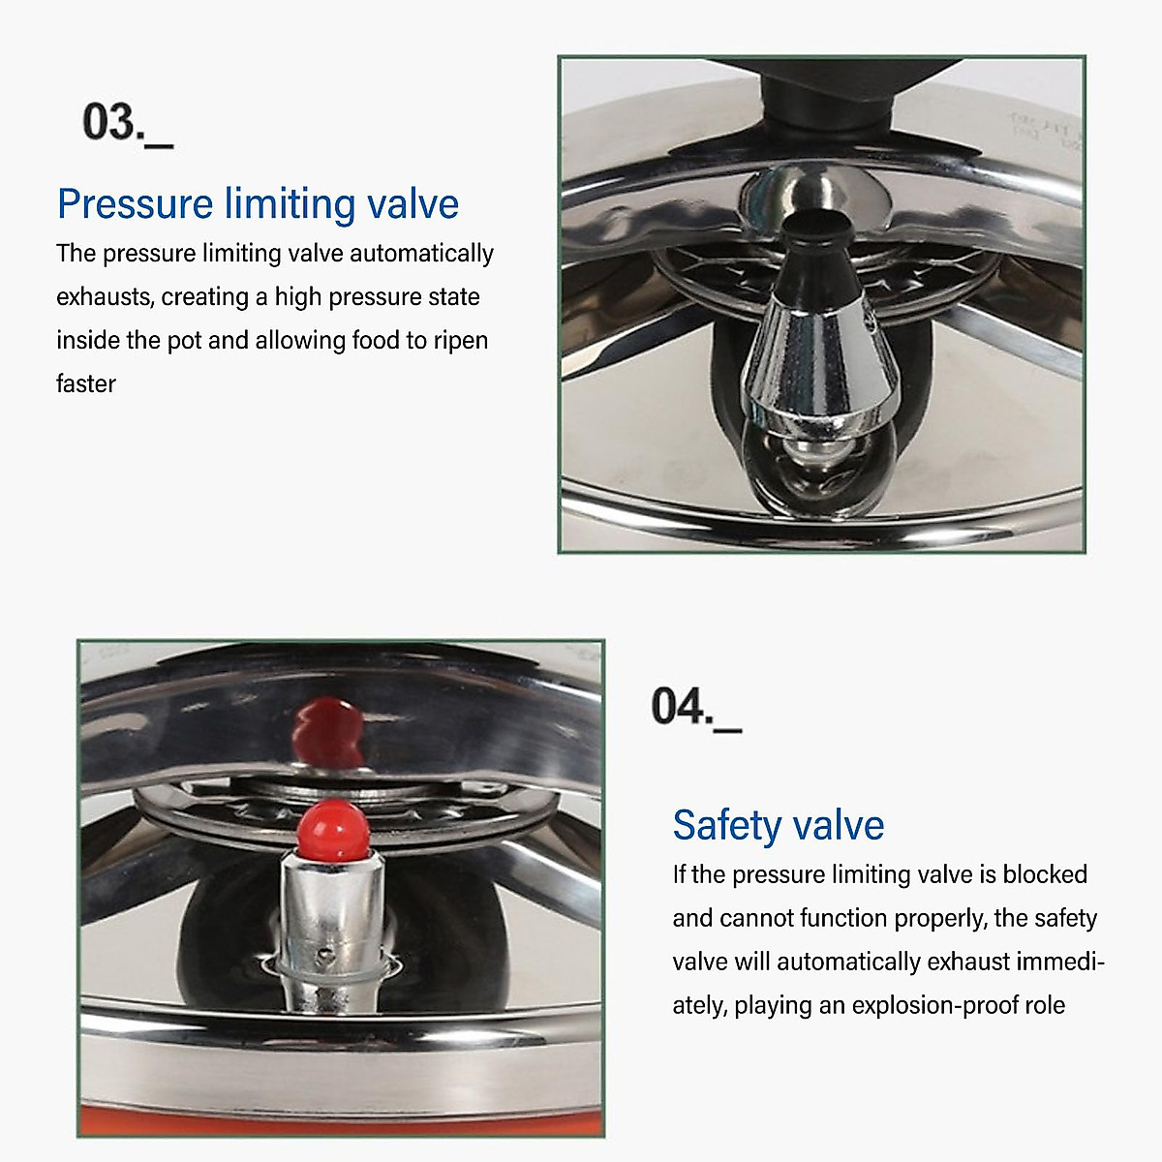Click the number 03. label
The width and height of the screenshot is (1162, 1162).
tap(126, 124)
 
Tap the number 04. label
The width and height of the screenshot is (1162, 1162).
tap(694, 707)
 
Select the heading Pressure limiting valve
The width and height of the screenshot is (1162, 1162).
tap(258, 204)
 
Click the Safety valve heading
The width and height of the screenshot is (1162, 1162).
tap(778, 825)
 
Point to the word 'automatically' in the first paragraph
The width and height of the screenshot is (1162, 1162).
tap(421, 254)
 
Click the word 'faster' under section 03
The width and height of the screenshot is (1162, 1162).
tap(86, 384)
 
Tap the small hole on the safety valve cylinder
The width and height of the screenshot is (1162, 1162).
tap(329, 951)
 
